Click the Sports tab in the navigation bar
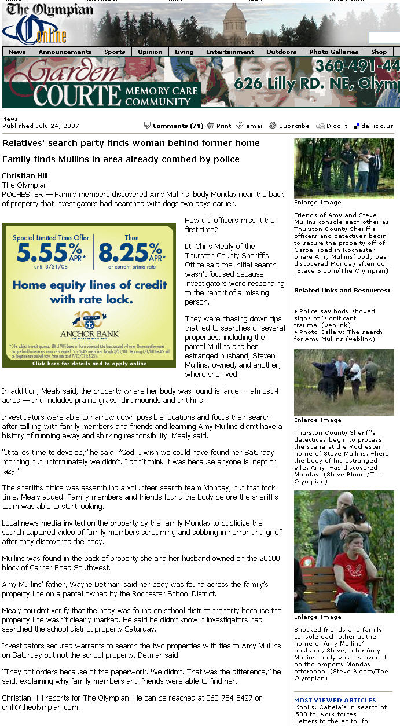coord(115,52)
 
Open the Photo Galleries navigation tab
coord(334,52)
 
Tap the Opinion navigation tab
coord(150,52)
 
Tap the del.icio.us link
coord(377,126)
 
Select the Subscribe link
coord(294,126)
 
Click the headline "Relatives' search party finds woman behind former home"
coord(131,143)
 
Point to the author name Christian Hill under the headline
coord(25,176)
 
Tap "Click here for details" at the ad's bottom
coord(89,364)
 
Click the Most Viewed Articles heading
coord(335,700)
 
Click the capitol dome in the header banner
coord(234,23)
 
